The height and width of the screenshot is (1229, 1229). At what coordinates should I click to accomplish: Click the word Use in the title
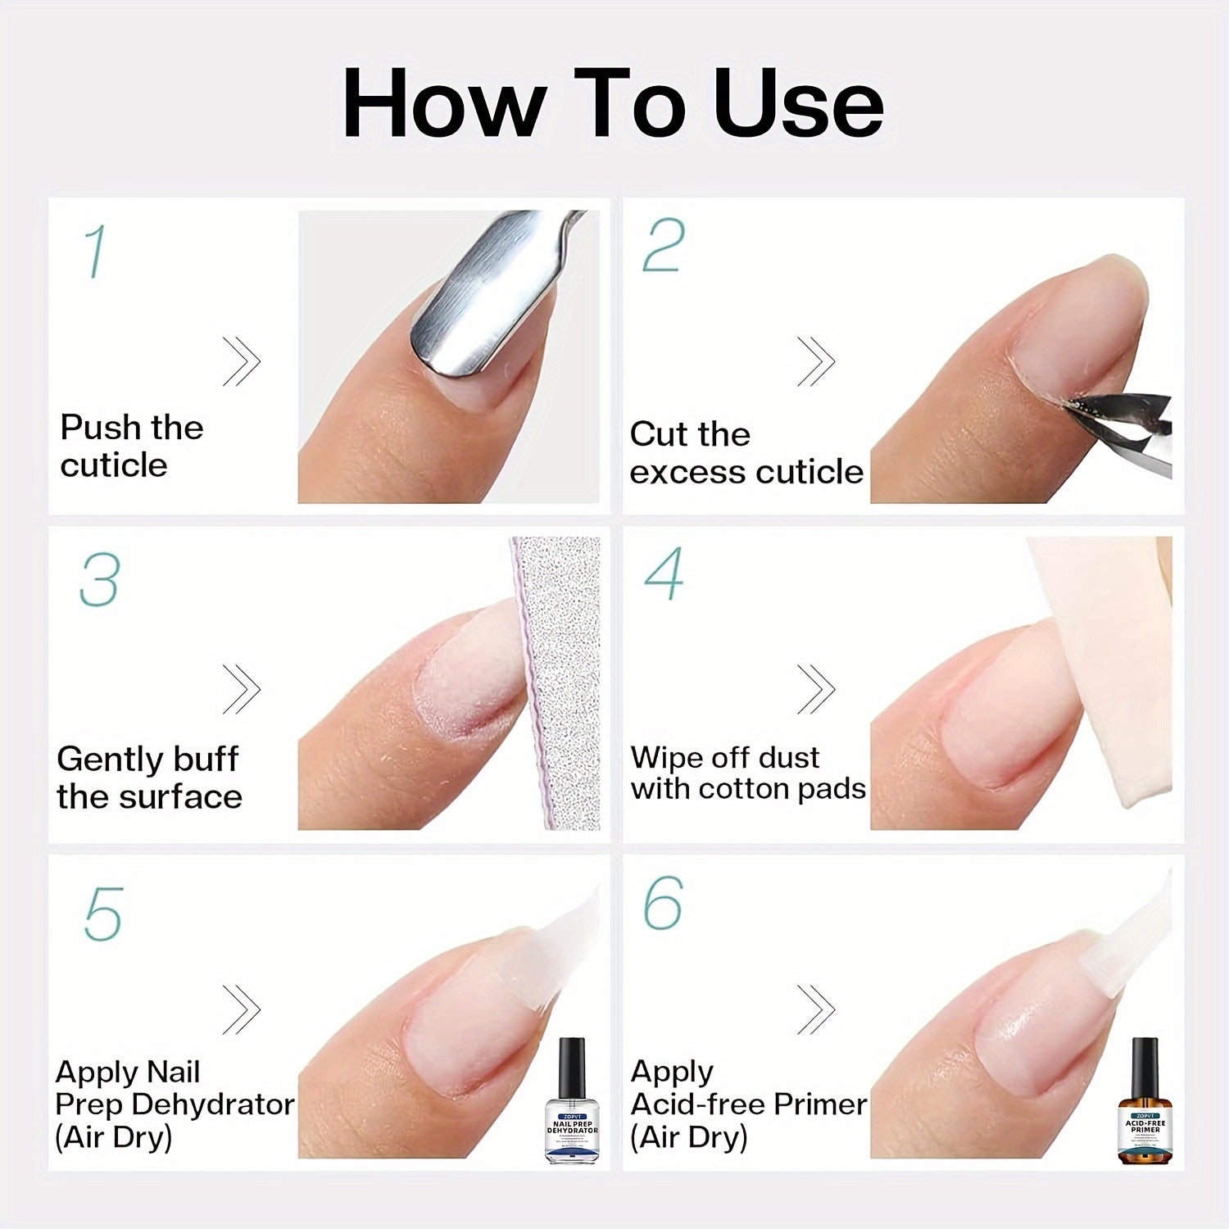pyautogui.click(x=799, y=104)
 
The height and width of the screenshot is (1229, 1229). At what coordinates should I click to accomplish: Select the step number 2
pyautogui.click(x=663, y=245)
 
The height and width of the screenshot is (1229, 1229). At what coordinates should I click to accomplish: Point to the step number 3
pyautogui.click(x=100, y=580)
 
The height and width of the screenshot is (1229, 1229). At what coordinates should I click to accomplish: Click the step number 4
pyautogui.click(x=664, y=574)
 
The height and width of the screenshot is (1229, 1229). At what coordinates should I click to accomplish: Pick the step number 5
pyautogui.click(x=103, y=913)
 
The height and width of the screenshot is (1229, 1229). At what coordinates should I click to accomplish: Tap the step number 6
pyautogui.click(x=663, y=903)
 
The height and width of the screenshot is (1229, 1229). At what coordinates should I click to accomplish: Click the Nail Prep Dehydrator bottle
pyautogui.click(x=572, y=1102)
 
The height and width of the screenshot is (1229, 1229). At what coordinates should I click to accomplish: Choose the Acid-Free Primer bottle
pyautogui.click(x=1145, y=1102)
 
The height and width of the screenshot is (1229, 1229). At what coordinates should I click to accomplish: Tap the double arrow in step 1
pyautogui.click(x=242, y=361)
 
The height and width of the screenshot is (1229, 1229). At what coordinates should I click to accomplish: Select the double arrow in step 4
pyautogui.click(x=816, y=688)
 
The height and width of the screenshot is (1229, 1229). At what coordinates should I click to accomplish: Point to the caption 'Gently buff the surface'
pyautogui.click(x=149, y=778)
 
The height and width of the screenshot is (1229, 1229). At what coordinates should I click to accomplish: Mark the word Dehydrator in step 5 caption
pyautogui.click(x=213, y=1104)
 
